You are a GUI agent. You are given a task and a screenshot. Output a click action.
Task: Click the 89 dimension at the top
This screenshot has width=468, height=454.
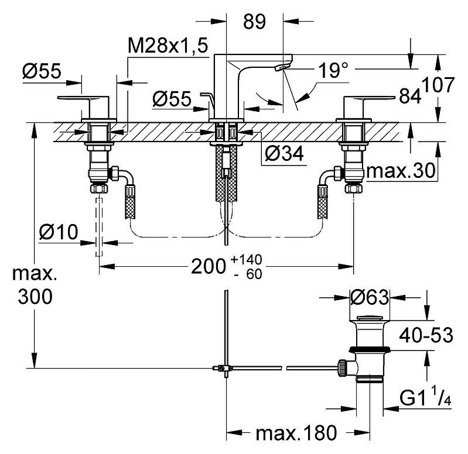point(254,22)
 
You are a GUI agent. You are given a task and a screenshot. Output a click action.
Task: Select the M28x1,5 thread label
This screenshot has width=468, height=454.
point(168,46)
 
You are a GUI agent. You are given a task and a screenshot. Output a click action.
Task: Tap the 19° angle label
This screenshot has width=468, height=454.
point(333,70)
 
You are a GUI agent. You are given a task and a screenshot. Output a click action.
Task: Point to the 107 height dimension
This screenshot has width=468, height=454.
point(438,84)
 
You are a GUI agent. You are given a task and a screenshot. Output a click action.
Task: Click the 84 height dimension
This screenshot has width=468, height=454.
point(410,96)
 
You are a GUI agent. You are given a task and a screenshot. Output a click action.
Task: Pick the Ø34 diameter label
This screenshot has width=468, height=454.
point(284,154)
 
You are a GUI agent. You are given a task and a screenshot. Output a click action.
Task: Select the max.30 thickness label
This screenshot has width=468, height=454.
point(401,171)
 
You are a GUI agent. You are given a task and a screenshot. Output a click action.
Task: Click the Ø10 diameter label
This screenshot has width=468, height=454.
point(59,232)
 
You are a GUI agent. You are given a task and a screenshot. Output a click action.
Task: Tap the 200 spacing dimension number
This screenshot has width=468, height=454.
point(208,266)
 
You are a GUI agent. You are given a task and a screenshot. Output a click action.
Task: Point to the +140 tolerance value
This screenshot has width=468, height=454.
point(247,259)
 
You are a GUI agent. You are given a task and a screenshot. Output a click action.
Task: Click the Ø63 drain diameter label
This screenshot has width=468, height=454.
point(370,297)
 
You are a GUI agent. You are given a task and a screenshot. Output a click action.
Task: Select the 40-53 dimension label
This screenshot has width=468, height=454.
point(426,335)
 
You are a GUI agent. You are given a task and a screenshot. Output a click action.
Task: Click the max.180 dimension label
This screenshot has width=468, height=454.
point(296,432)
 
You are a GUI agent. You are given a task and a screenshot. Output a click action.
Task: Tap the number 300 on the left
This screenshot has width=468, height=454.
point(35,296)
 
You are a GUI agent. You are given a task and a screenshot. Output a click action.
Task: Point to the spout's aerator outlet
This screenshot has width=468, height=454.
point(279,68)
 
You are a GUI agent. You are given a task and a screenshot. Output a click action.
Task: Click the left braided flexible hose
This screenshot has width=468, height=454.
point(130,202)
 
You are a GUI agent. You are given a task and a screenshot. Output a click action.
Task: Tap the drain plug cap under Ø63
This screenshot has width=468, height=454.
point(370,317)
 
